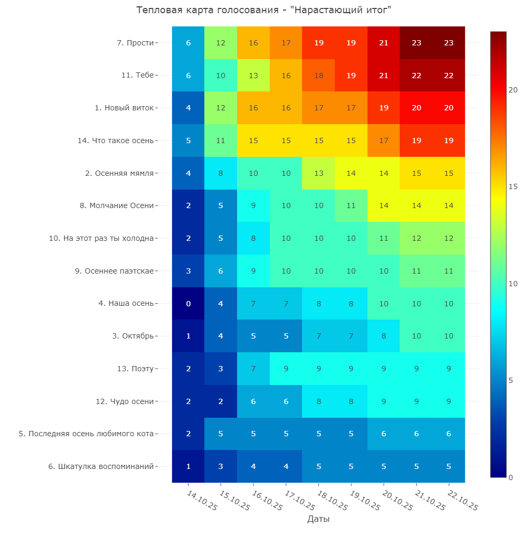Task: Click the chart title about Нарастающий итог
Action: click(x=263, y=11)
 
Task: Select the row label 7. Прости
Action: click(x=136, y=43)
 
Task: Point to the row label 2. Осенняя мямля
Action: click(x=120, y=173)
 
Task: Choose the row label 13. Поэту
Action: click(x=135, y=369)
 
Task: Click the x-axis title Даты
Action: click(x=318, y=519)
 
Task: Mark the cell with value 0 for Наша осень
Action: click(x=188, y=304)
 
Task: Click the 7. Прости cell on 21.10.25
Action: click(x=417, y=43)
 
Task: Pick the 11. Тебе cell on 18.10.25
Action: click(x=319, y=76)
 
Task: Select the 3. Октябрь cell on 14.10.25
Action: click(x=188, y=336)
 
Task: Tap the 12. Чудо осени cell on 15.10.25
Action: click(x=221, y=401)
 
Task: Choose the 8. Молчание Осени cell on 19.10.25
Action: click(x=351, y=206)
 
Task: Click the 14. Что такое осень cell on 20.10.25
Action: click(x=384, y=140)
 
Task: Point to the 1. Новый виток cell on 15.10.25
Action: click(x=221, y=108)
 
